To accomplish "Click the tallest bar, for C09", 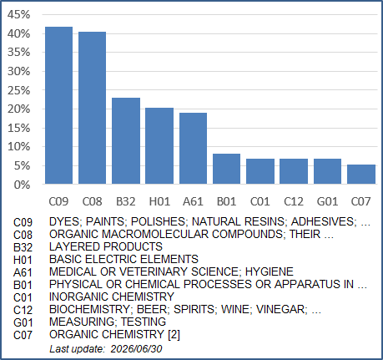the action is point(59,105).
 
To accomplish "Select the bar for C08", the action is point(92,108).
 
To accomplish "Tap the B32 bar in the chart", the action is point(126,141).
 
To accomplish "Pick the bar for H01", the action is point(159,145).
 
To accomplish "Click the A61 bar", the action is point(193,148).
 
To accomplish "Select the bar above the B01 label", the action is point(226,169).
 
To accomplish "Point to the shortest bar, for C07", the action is point(361,174).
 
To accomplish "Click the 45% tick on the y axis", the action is point(18,14).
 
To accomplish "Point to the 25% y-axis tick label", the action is point(18,90).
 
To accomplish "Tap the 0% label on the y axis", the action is point(22,185).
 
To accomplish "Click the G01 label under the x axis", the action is point(327,201).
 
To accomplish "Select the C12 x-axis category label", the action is point(294,201).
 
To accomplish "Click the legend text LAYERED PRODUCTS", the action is point(106,246).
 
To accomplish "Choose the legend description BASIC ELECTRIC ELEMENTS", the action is point(123,259).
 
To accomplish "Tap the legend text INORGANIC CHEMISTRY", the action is point(112,297).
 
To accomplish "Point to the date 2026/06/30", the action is point(136,349).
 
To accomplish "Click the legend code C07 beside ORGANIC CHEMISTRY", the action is point(23,335).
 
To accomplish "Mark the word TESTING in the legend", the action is point(144,322).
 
